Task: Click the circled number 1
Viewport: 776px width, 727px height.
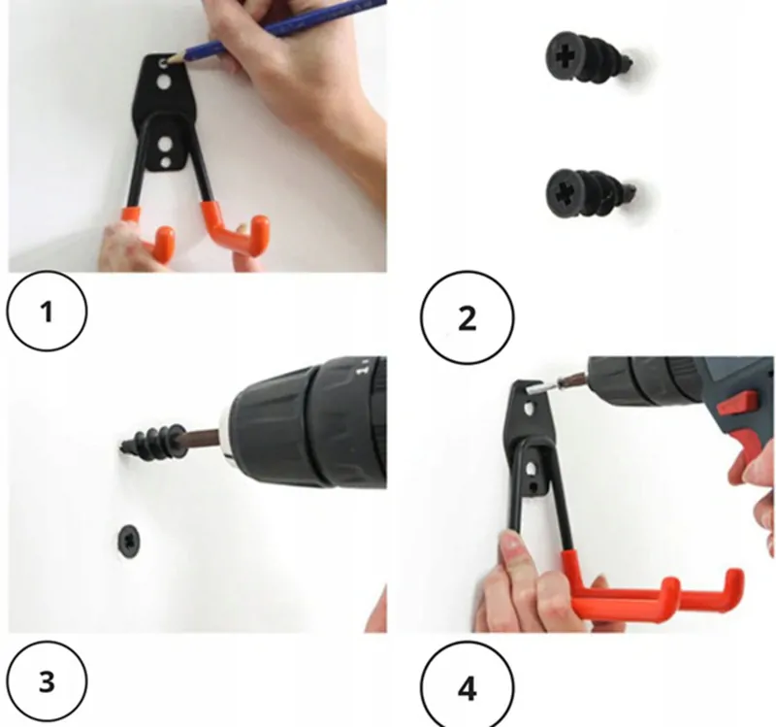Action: [x=47, y=312]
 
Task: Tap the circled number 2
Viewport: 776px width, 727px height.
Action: [x=468, y=317]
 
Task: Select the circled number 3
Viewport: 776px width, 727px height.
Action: [x=47, y=681]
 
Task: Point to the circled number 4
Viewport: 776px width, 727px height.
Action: [x=468, y=688]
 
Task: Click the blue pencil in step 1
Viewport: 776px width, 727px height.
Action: [x=277, y=31]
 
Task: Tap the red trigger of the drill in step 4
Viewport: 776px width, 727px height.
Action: [x=738, y=402]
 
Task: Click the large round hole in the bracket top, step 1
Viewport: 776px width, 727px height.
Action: [x=164, y=82]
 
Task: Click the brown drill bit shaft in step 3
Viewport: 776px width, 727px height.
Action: [x=202, y=439]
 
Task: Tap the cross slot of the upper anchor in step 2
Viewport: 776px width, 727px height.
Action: [x=564, y=56]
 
